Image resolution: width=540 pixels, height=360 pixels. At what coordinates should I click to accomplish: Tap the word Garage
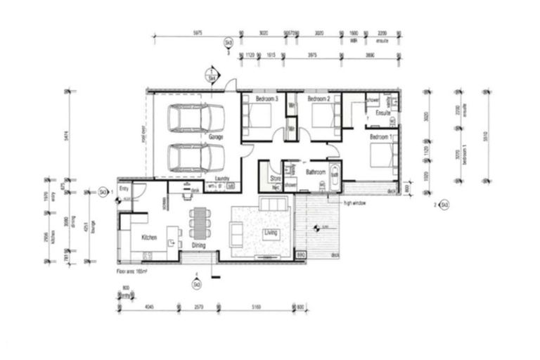(216, 137)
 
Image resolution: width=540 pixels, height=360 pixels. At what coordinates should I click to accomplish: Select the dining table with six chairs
(200, 223)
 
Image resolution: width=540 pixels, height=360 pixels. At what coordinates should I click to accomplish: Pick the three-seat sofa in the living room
(273, 205)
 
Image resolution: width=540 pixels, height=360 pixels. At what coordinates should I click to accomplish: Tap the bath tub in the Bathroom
(335, 175)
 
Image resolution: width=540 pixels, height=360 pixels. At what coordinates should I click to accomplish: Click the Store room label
(275, 179)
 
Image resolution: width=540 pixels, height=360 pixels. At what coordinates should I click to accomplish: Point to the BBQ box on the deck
(300, 255)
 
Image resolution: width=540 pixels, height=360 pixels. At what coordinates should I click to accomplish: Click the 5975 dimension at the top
(198, 33)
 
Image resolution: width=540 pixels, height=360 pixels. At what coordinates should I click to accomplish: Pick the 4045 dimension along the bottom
(148, 307)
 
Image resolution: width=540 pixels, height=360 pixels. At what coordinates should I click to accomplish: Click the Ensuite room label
(383, 113)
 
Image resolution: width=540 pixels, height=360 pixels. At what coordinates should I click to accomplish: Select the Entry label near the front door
(124, 190)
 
